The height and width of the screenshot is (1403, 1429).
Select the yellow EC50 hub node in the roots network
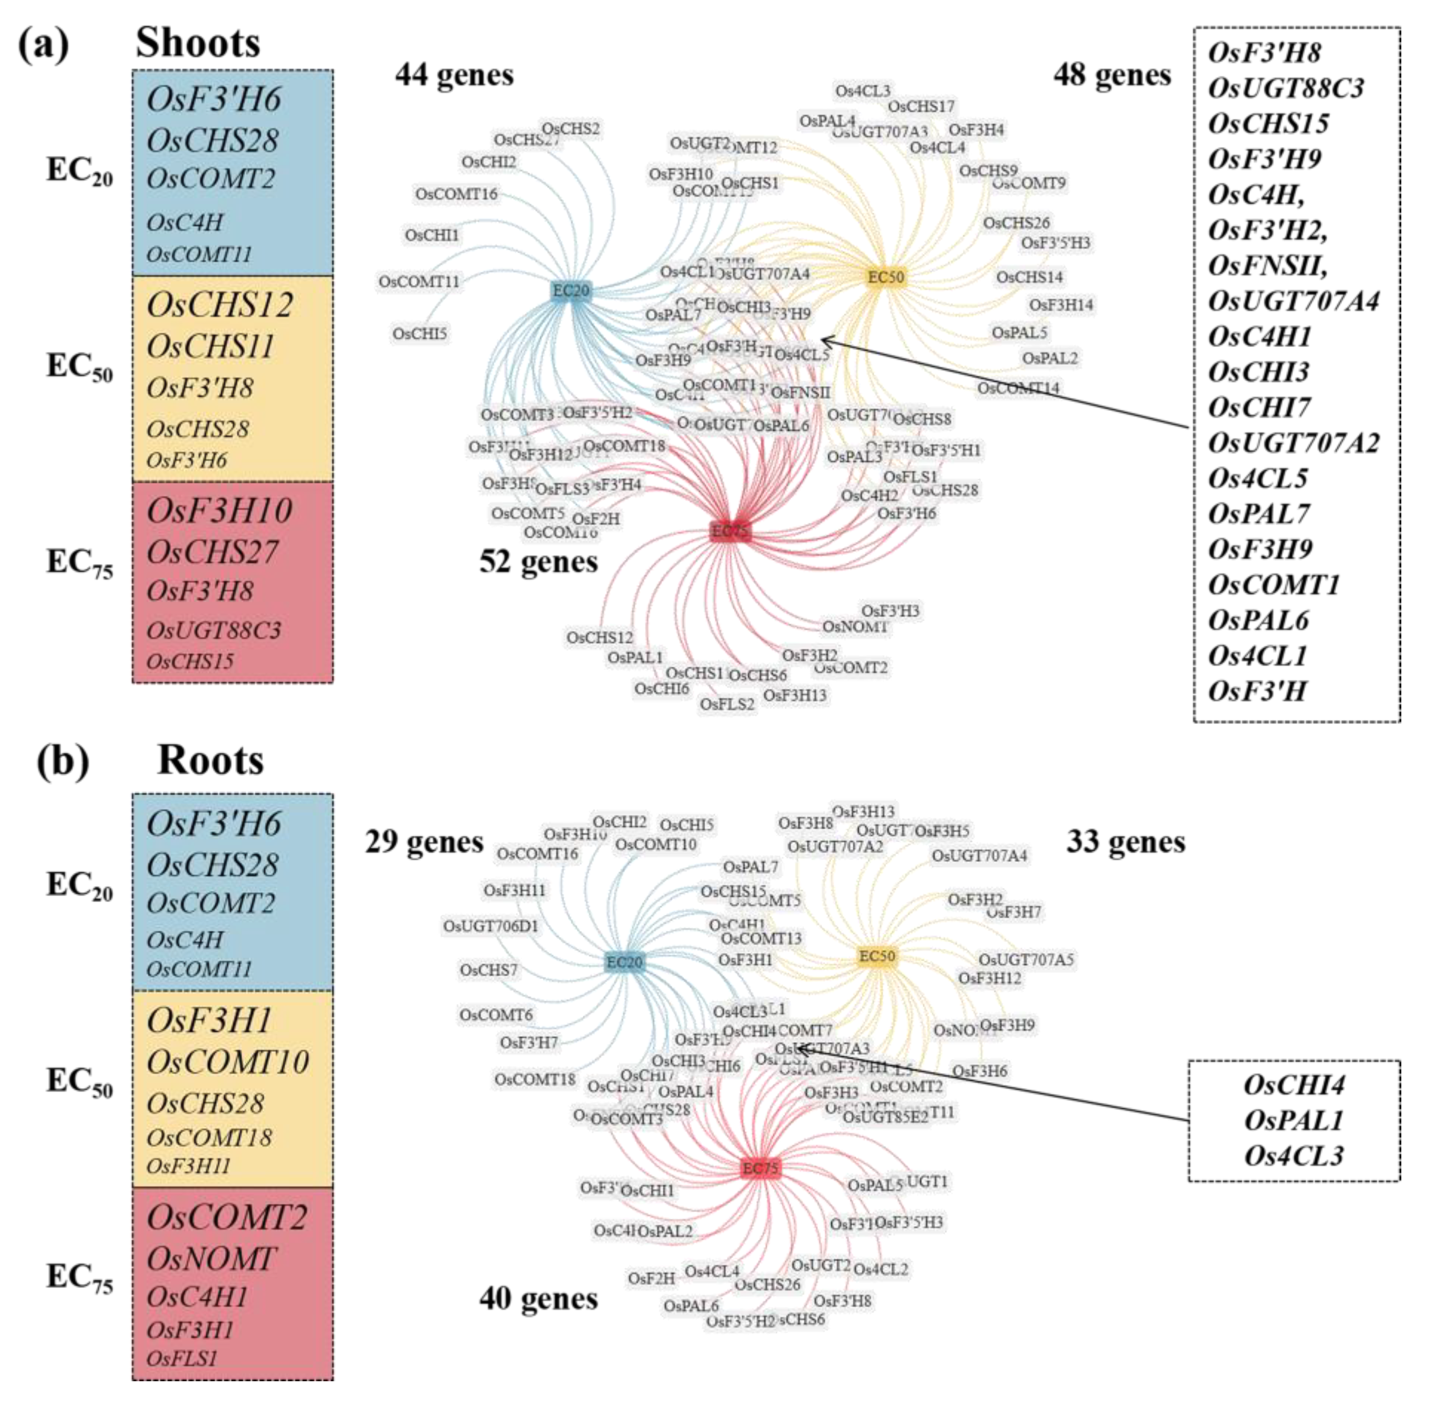click(x=876, y=956)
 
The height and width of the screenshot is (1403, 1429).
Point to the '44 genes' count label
click(x=454, y=74)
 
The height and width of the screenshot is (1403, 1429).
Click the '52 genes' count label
click(x=538, y=561)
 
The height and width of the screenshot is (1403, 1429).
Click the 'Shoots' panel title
click(x=197, y=42)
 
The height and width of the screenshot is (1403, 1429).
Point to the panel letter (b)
click(x=63, y=761)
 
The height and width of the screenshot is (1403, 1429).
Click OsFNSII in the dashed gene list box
click(x=1267, y=265)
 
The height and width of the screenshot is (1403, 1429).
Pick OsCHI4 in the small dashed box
click(x=1294, y=1085)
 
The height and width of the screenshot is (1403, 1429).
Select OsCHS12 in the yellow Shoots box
click(x=219, y=304)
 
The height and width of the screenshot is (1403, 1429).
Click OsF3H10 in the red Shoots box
click(x=219, y=510)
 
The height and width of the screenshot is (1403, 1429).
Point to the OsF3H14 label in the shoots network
click(x=1061, y=305)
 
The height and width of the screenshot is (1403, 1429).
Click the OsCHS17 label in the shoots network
click(x=921, y=107)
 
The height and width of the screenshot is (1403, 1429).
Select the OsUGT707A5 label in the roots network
click(x=1025, y=959)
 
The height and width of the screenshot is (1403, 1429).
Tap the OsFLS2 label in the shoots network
click(x=727, y=704)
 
